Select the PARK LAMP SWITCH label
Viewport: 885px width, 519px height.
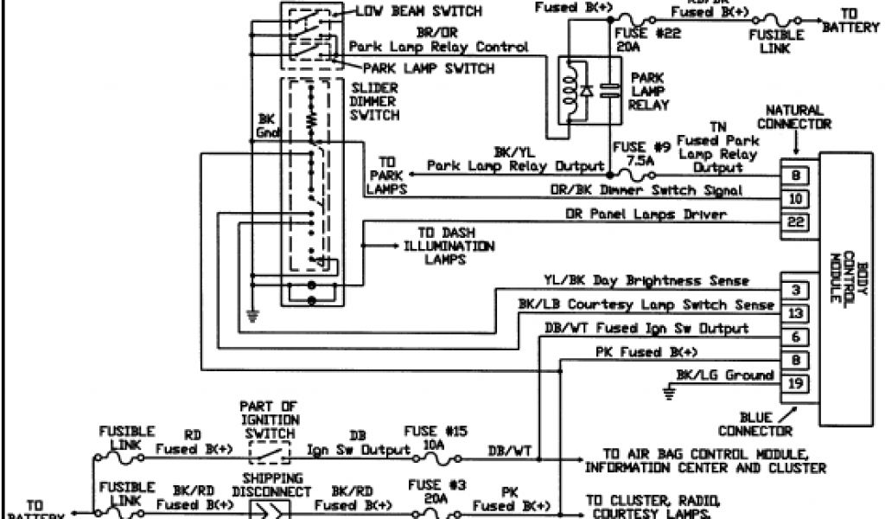tap(429, 68)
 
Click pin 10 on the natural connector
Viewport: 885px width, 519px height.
tap(797, 199)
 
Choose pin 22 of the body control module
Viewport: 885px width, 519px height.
tap(797, 221)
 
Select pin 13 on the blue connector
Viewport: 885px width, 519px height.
tap(797, 312)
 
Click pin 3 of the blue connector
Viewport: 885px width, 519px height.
tap(797, 289)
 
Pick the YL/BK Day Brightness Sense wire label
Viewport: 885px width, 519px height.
tap(646, 281)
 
